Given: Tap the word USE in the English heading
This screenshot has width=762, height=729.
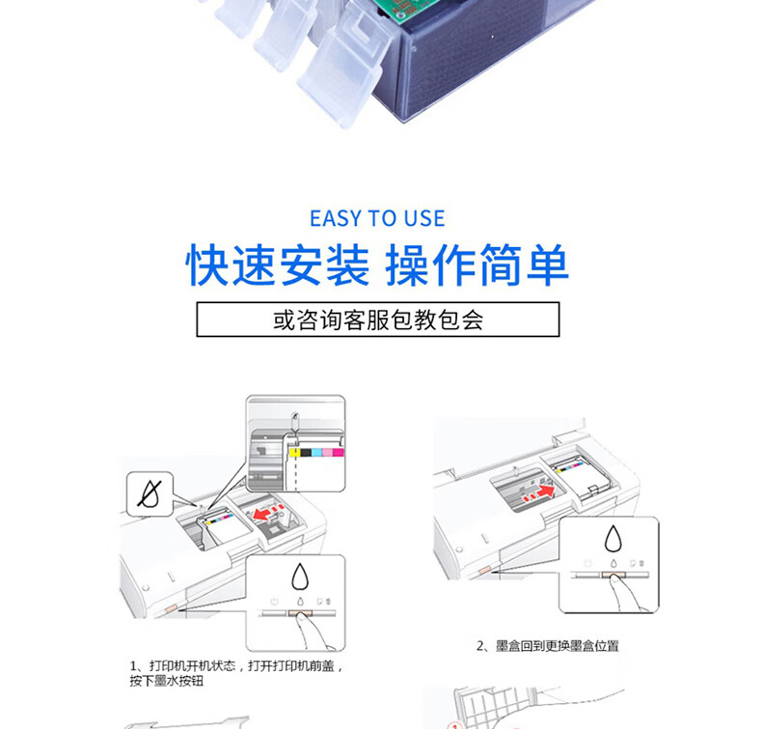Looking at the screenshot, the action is [424, 218].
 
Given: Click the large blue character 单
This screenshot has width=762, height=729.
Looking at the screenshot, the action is [548, 265].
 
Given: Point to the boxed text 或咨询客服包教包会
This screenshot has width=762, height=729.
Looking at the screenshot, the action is [378, 320].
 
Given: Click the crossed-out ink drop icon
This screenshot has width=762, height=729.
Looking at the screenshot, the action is [150, 494].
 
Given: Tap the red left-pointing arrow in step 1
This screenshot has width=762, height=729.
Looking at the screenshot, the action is [263, 514].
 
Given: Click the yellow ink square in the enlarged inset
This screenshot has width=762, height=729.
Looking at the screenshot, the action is [294, 452].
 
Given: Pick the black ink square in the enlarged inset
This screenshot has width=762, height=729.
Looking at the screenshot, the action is [306, 452].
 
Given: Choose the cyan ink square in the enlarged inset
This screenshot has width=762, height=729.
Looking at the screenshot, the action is [316, 452].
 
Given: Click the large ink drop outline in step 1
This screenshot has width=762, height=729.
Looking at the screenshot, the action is [300, 576].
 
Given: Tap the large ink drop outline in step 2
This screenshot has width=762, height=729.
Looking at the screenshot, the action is [613, 539].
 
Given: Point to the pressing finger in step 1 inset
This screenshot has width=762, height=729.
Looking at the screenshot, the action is [313, 631].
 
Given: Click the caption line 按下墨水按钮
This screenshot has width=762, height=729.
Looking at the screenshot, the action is [166, 681].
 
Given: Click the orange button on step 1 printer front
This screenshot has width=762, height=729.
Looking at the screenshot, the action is [172, 608].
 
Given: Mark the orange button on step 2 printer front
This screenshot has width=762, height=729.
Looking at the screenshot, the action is [484, 570].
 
